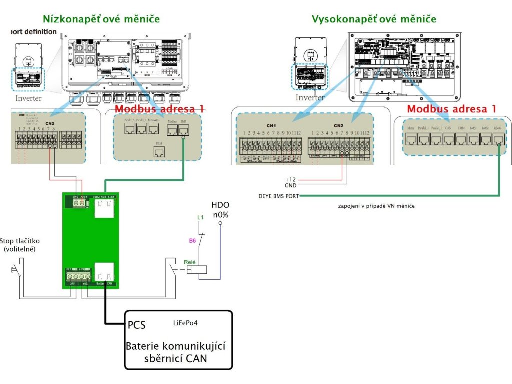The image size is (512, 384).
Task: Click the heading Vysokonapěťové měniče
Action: [x=373, y=19]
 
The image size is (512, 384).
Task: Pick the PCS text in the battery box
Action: [x=136, y=325]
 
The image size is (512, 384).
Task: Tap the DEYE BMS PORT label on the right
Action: [x=278, y=196]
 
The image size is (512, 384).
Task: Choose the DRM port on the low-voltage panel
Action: [x=159, y=152]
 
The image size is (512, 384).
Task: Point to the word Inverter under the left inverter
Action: [x=28, y=98]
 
